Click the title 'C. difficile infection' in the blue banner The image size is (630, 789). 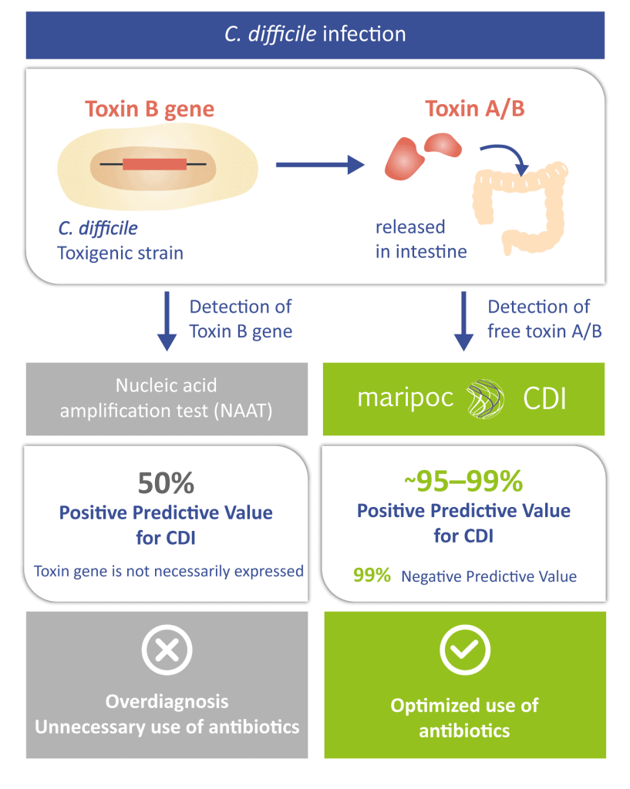(315, 35)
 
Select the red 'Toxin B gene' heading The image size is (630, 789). (150, 109)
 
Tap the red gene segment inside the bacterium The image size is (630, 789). (154, 163)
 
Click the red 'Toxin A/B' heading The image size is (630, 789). (475, 109)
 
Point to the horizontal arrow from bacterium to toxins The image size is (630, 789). (318, 163)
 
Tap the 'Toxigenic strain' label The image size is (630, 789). (121, 252)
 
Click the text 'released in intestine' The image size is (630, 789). (421, 240)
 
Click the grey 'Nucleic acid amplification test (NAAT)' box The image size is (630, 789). (166, 398)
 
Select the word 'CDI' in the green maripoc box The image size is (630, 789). (544, 398)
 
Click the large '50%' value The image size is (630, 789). (166, 483)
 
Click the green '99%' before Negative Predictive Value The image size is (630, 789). (372, 575)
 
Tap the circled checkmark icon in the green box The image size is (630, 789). (464, 650)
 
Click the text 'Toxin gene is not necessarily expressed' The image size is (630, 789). (169, 571)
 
